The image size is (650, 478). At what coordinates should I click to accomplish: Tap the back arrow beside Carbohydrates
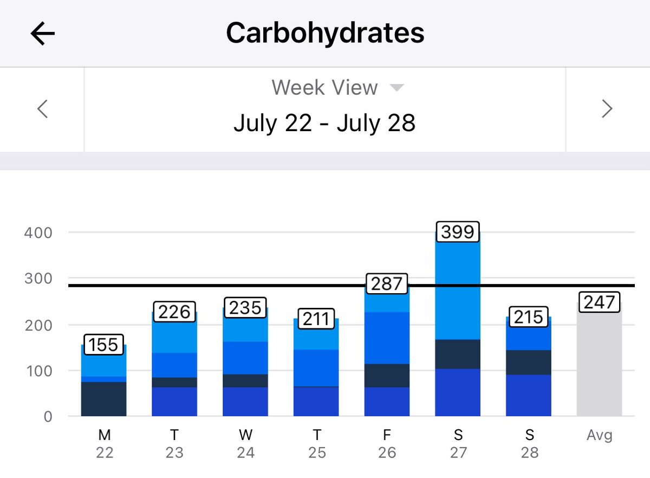(43, 34)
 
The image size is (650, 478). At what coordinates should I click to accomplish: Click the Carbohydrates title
(325, 34)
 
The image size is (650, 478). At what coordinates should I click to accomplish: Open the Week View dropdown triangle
(397, 88)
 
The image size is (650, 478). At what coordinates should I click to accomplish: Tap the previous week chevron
(42, 109)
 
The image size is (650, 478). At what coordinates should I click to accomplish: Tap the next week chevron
(607, 109)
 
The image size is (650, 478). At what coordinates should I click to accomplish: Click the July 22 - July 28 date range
(324, 123)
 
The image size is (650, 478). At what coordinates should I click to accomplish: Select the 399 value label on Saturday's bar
(458, 232)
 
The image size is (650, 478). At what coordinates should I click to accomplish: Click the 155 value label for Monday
(103, 345)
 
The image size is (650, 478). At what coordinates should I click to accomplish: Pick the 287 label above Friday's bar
(387, 283)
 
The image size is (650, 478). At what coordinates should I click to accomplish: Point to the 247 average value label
(599, 302)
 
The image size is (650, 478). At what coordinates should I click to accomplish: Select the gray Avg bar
(599, 363)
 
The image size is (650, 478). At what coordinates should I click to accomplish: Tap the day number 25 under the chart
(317, 453)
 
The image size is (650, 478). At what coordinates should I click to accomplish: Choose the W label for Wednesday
(246, 435)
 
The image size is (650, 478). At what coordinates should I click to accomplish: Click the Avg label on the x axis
(600, 435)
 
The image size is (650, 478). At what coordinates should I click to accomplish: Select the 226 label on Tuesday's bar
(174, 312)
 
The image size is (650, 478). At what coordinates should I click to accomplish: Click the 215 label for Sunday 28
(529, 317)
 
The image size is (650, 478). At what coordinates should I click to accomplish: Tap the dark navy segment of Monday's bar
(103, 399)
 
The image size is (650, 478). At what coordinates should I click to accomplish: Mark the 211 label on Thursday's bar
(316, 319)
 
